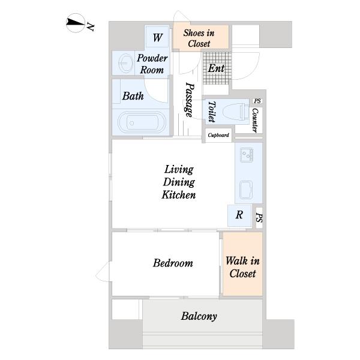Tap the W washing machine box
coord(157,37)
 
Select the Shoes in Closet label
coord(199,38)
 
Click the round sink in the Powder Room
coord(125,63)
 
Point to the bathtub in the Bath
coord(142,122)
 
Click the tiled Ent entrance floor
coord(217,68)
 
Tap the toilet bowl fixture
coord(236,112)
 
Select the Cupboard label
coord(218,135)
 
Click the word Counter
coord(256,120)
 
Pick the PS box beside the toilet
coord(257,101)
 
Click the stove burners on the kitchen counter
coord(247,155)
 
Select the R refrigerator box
coord(239,215)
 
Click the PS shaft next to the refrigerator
coord(259,218)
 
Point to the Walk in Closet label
coord(242,267)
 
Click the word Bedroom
coord(173,263)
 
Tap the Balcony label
coord(199,316)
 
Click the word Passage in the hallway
coord(190,100)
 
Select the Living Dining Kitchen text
coord(179,182)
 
